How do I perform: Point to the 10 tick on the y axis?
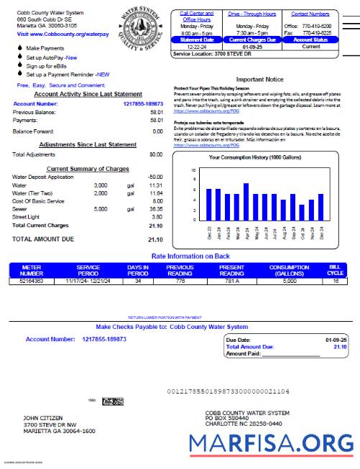pyautogui.click(x=193, y=170)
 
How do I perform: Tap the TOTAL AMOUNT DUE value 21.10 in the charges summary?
pyautogui.click(x=154, y=239)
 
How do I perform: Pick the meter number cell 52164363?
pyautogui.click(x=32, y=282)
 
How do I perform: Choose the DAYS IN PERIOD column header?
pyautogui.click(x=137, y=270)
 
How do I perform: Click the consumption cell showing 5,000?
pyautogui.click(x=288, y=282)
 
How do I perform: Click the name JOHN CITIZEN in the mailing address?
pyautogui.click(x=40, y=417)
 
